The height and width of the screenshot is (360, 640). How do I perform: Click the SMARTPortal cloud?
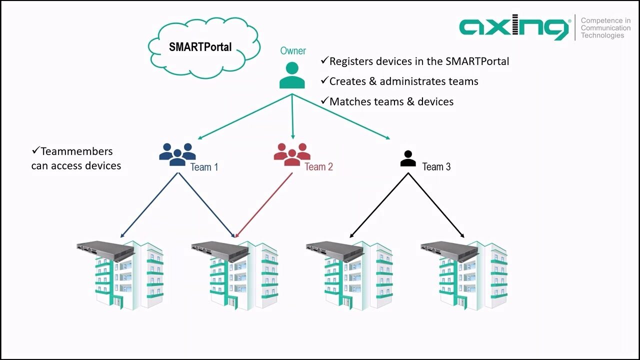pyautogui.click(x=200, y=47)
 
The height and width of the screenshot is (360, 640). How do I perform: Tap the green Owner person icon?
pyautogui.click(x=292, y=75)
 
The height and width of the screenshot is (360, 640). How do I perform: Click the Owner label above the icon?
pyautogui.click(x=293, y=51)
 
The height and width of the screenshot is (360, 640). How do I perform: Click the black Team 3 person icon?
pyautogui.click(x=408, y=158)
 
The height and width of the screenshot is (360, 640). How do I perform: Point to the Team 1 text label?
pyautogui.click(x=204, y=167)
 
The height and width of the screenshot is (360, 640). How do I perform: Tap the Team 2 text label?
pyautogui.click(x=318, y=167)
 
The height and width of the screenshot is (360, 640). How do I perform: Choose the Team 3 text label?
pyautogui.click(x=436, y=167)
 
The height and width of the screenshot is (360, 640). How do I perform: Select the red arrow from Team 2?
pyautogui.click(x=264, y=205)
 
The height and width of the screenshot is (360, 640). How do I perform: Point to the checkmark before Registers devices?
pyautogui.click(x=324, y=60)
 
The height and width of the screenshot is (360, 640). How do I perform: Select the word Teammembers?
pyautogui.click(x=76, y=151)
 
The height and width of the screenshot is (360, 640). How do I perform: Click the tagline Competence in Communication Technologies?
pyautogui.click(x=605, y=28)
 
